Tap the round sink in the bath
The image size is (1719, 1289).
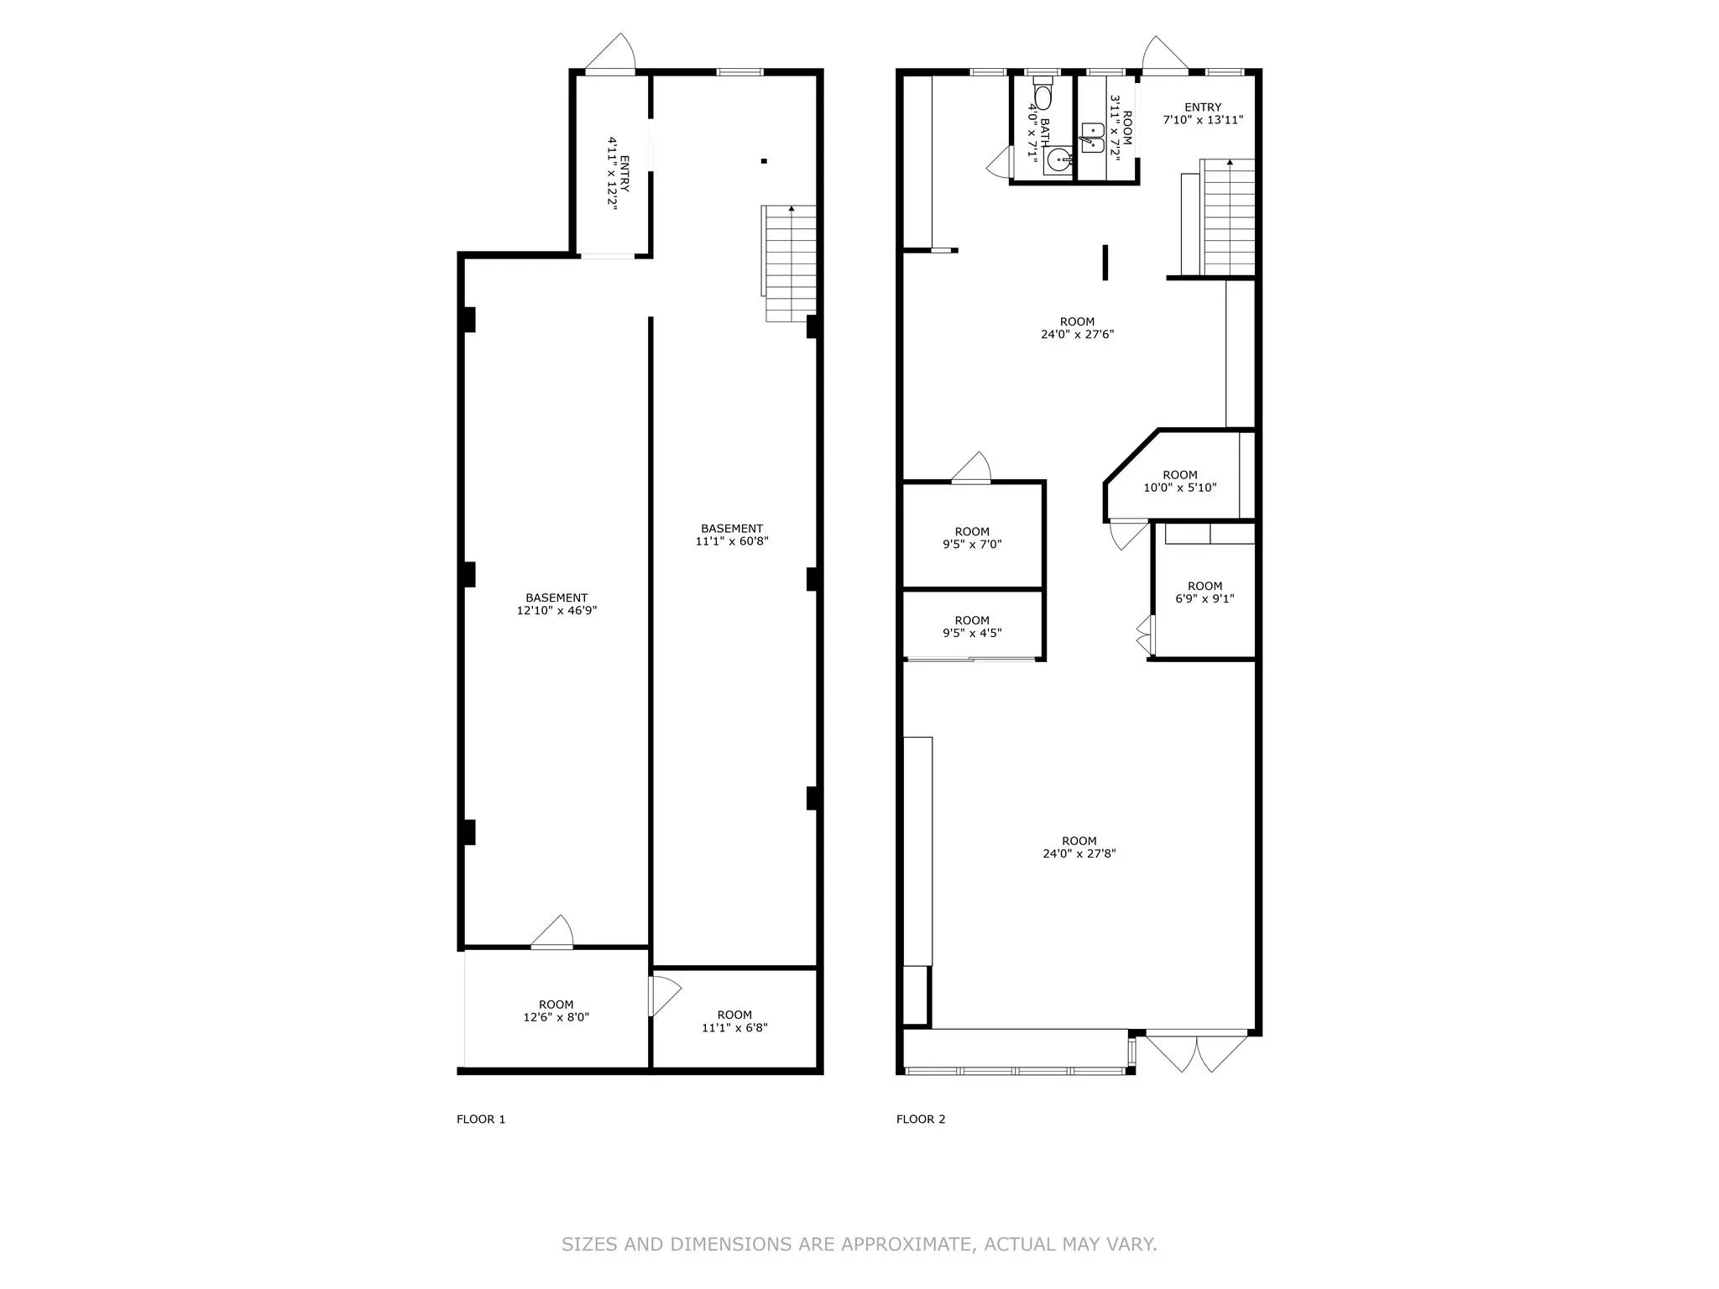1058,159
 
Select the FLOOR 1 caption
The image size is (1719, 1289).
481,1119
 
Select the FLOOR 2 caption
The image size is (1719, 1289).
921,1119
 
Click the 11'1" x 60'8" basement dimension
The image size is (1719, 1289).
732,541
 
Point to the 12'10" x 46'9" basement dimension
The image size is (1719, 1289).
556,611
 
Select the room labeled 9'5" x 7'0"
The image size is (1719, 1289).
972,537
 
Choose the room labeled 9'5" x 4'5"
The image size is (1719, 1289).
972,627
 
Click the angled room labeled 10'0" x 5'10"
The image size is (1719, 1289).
1179,481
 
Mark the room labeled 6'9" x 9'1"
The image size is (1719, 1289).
1204,592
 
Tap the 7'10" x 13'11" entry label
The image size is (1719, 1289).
1202,120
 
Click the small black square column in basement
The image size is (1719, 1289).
764,161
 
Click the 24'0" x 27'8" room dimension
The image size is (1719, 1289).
1079,854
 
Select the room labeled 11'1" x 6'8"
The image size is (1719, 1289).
734,1020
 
